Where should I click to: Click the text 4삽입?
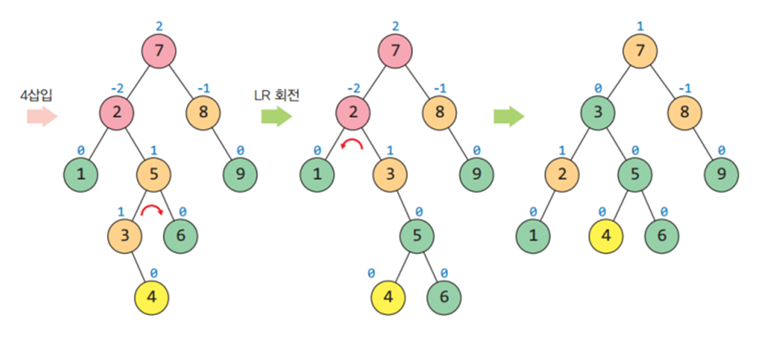pyautogui.click(x=37, y=95)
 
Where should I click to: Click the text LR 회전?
pyautogui.click(x=277, y=95)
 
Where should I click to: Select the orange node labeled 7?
pyautogui.click(x=641, y=51)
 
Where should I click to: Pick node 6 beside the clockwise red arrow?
pyautogui.click(x=180, y=236)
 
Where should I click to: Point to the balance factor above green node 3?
pyautogui.click(x=597, y=87)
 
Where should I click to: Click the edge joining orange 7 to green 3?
pyautogui.click(x=619, y=82)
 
